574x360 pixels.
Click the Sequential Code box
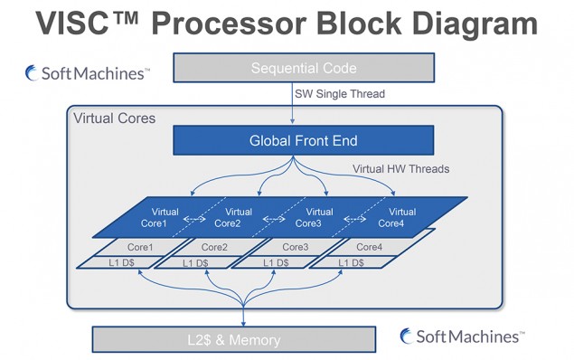pos(304,68)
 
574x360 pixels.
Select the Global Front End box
pos(304,140)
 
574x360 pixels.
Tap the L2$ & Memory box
pos(234,340)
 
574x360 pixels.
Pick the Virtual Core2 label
pos(232,217)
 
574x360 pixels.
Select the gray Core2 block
pos(213,247)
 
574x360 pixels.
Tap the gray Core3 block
pos(292,247)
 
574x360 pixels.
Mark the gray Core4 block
pos(369,247)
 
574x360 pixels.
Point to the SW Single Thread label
pos(338,94)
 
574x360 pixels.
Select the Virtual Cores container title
pos(114,118)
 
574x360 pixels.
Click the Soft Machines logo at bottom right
pos(461,336)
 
